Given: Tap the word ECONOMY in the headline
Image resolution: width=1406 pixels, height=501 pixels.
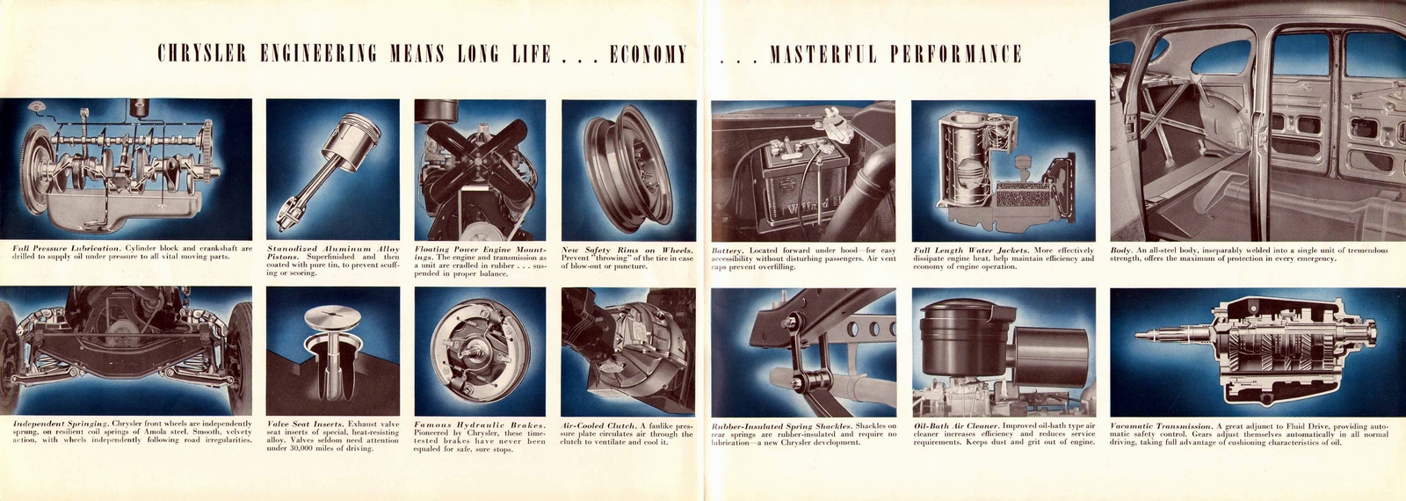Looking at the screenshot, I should point(649,54).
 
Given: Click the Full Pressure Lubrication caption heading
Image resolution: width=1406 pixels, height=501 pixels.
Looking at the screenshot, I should point(67,249).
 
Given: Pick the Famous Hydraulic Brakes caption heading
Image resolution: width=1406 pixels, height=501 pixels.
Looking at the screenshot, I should point(480,425).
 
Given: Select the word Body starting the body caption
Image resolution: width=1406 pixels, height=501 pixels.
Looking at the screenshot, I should point(1120,250).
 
